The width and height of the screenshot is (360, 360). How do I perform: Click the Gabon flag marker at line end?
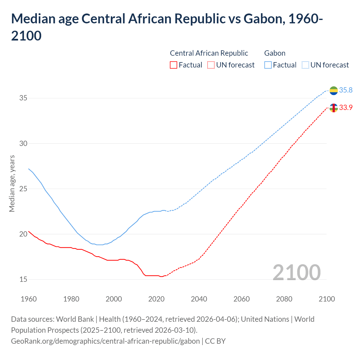coord(334,91)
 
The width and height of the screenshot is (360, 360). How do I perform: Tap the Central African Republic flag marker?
coord(334,108)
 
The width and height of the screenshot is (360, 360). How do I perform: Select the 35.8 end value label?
coord(346,90)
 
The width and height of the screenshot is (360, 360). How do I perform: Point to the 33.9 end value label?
coord(346,107)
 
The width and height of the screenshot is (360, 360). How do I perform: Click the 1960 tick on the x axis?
coord(29,299)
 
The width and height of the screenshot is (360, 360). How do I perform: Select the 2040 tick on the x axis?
coord(199,299)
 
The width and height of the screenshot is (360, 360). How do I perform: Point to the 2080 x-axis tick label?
coord(284,299)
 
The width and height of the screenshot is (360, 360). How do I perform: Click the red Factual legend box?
coord(174,65)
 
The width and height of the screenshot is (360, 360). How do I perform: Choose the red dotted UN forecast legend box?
coord(211,65)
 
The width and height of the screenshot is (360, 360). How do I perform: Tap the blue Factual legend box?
coord(268,65)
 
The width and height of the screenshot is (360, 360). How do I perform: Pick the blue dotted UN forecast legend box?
coord(305,65)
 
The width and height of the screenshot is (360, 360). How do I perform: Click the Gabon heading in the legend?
coord(275,53)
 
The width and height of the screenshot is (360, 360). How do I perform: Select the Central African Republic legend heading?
coord(209,53)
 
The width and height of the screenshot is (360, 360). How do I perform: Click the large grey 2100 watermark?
coord(296,272)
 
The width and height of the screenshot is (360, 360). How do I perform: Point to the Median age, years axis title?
coord(12,183)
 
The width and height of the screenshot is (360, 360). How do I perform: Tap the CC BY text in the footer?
coord(215,341)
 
